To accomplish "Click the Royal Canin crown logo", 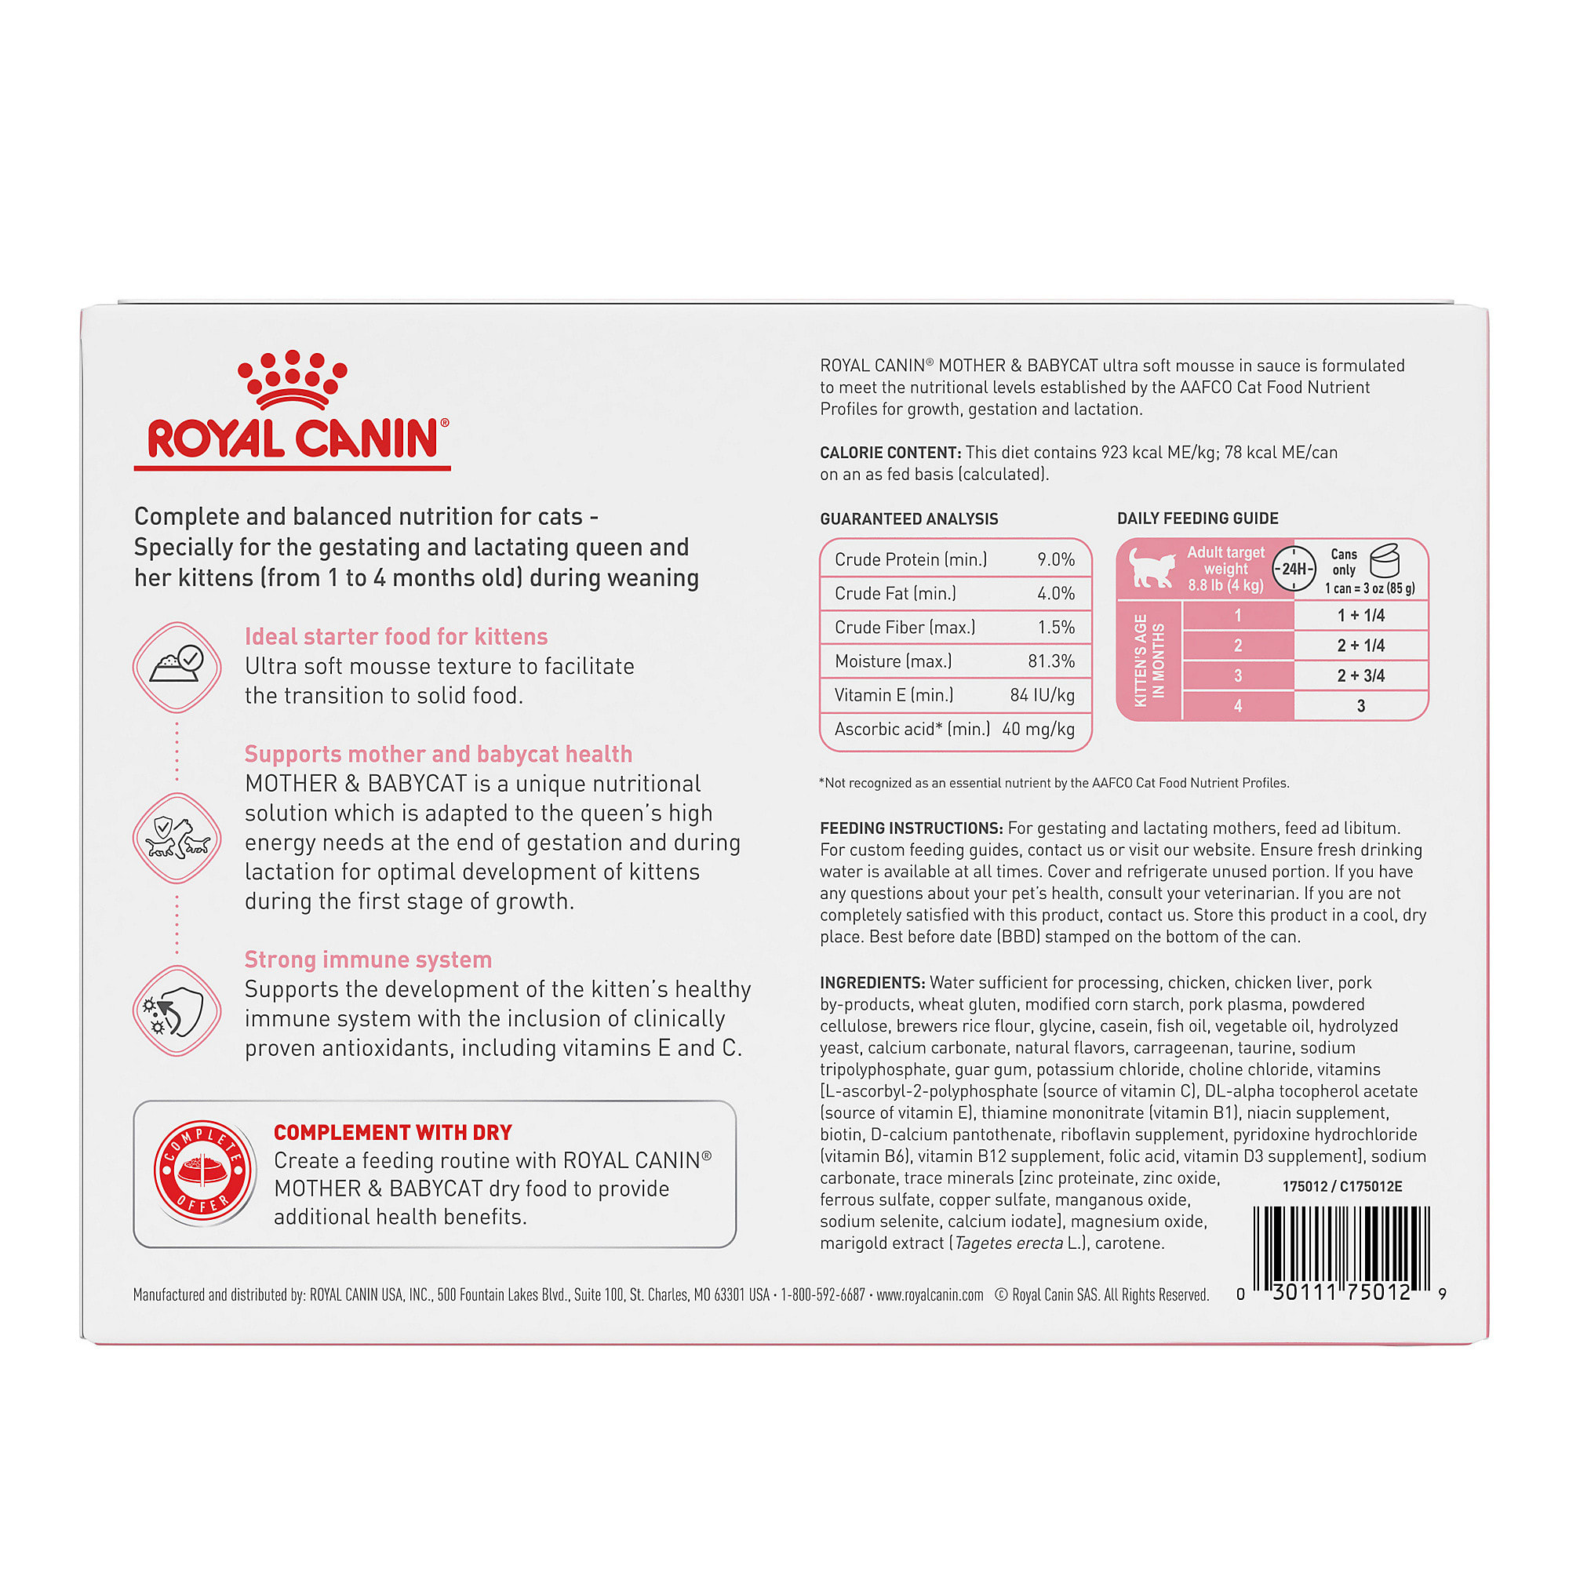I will (x=292, y=378).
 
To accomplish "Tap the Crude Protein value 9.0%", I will (x=1056, y=559).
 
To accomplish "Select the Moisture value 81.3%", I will (x=1051, y=661).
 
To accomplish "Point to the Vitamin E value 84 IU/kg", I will (x=1042, y=695).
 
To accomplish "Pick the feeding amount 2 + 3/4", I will (x=1360, y=675).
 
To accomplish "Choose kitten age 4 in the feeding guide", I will (x=1238, y=706).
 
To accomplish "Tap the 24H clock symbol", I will (x=1294, y=569).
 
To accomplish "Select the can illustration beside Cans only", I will (x=1385, y=560).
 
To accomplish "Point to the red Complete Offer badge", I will (x=203, y=1172).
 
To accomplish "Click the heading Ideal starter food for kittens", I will (x=396, y=637).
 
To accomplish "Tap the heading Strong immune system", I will (x=368, y=960).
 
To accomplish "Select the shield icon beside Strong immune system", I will (x=177, y=1011).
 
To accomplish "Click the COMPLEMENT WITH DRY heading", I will (x=393, y=1132).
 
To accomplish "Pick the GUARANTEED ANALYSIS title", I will (x=908, y=519).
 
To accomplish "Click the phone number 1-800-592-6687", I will (x=823, y=1294).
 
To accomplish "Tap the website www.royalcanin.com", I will (x=930, y=1294).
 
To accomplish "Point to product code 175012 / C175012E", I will (x=1341, y=1186).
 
